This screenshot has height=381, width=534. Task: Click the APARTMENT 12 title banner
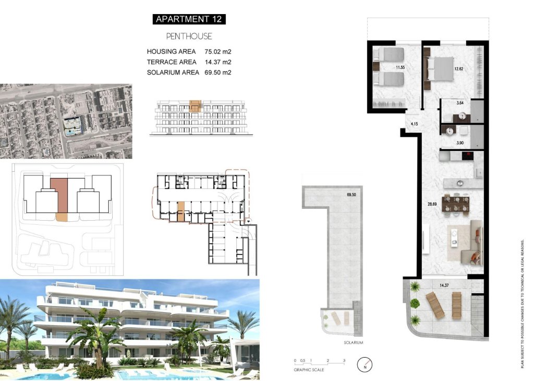189,19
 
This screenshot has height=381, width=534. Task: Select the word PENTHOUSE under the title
189,36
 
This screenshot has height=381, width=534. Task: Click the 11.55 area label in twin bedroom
400,68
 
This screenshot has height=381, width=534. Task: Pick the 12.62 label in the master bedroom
459,68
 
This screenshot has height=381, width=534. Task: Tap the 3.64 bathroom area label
460,103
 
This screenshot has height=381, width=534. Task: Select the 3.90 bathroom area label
460,143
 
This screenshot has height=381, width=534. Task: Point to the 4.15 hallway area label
415,124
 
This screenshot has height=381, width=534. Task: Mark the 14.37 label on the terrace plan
444,285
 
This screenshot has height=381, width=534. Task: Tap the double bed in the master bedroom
442,69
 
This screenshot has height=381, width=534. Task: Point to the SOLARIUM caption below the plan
353,342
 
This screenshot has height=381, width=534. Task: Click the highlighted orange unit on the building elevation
195,106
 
